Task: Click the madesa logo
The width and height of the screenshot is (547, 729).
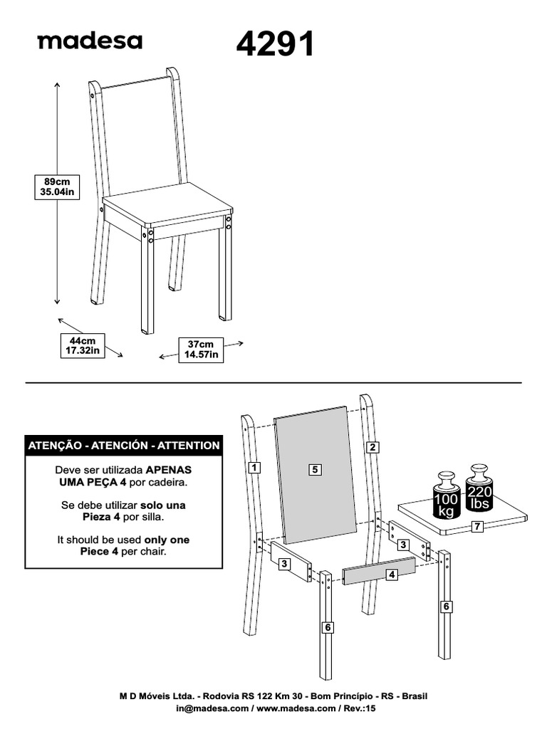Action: tap(90, 41)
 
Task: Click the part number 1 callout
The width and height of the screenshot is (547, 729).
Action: tap(254, 468)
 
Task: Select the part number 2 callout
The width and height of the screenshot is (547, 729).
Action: tap(372, 448)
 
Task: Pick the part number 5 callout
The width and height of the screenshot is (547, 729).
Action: tap(316, 469)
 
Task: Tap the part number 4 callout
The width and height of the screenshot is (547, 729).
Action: tap(391, 575)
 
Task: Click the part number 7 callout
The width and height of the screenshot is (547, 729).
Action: tap(477, 527)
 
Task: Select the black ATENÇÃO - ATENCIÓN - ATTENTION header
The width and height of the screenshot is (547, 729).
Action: tap(123, 446)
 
